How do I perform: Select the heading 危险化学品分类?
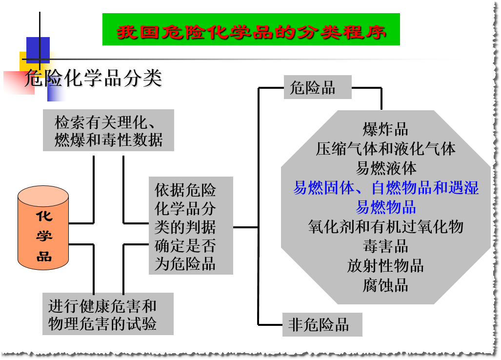(93, 79)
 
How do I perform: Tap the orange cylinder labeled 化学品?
(43, 229)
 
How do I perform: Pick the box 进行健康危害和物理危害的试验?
(108, 314)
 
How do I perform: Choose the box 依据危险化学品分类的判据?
(191, 226)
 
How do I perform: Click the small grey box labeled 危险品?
(317, 87)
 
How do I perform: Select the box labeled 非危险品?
(322, 325)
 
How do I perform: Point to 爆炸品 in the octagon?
(385, 129)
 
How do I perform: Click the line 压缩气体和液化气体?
(385, 149)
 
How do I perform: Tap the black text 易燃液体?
(385, 168)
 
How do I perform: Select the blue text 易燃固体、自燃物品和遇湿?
(385, 188)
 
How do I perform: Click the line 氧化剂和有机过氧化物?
(385, 227)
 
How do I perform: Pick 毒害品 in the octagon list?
(385, 246)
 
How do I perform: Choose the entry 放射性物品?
(385, 266)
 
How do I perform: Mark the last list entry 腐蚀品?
(385, 285)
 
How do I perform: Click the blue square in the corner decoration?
(38, 49)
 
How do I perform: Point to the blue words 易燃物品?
(385, 207)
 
